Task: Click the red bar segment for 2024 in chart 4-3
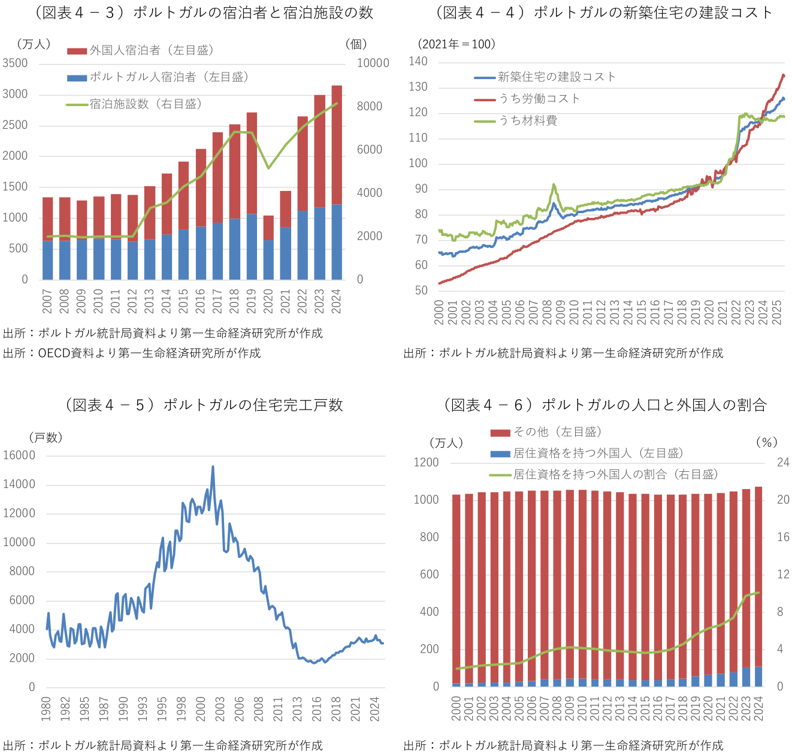[337, 144]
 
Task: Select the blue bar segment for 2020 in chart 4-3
[268, 260]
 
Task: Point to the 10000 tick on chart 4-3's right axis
[373, 63]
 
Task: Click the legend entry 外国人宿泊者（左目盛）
[152, 51]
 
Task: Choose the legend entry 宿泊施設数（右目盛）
[146, 104]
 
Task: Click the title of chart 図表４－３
[204, 13]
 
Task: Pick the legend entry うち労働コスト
[539, 99]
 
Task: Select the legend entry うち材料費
[528, 121]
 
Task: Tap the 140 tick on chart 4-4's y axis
[418, 62]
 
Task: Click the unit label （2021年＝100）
[457, 44]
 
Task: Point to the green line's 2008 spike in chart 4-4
[554, 185]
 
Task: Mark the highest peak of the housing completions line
[213, 467]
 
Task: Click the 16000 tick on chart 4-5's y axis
[19, 456]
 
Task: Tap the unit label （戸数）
[46, 438]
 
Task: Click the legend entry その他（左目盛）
[557, 432]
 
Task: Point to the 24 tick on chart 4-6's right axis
[783, 463]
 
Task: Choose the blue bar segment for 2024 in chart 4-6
[758, 677]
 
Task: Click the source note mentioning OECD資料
[132, 353]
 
